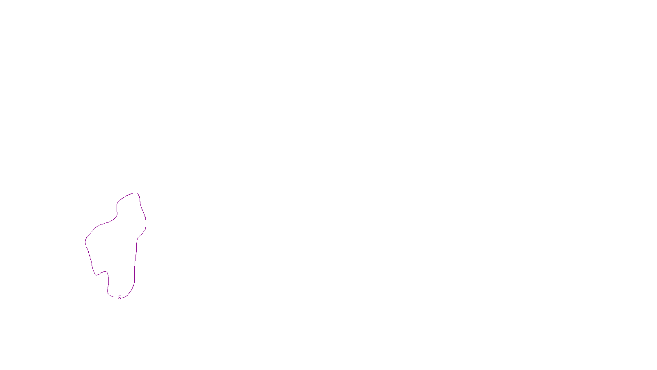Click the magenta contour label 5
coord(119,298)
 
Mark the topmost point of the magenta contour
coord(135,193)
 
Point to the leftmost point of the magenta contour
coord(85,242)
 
